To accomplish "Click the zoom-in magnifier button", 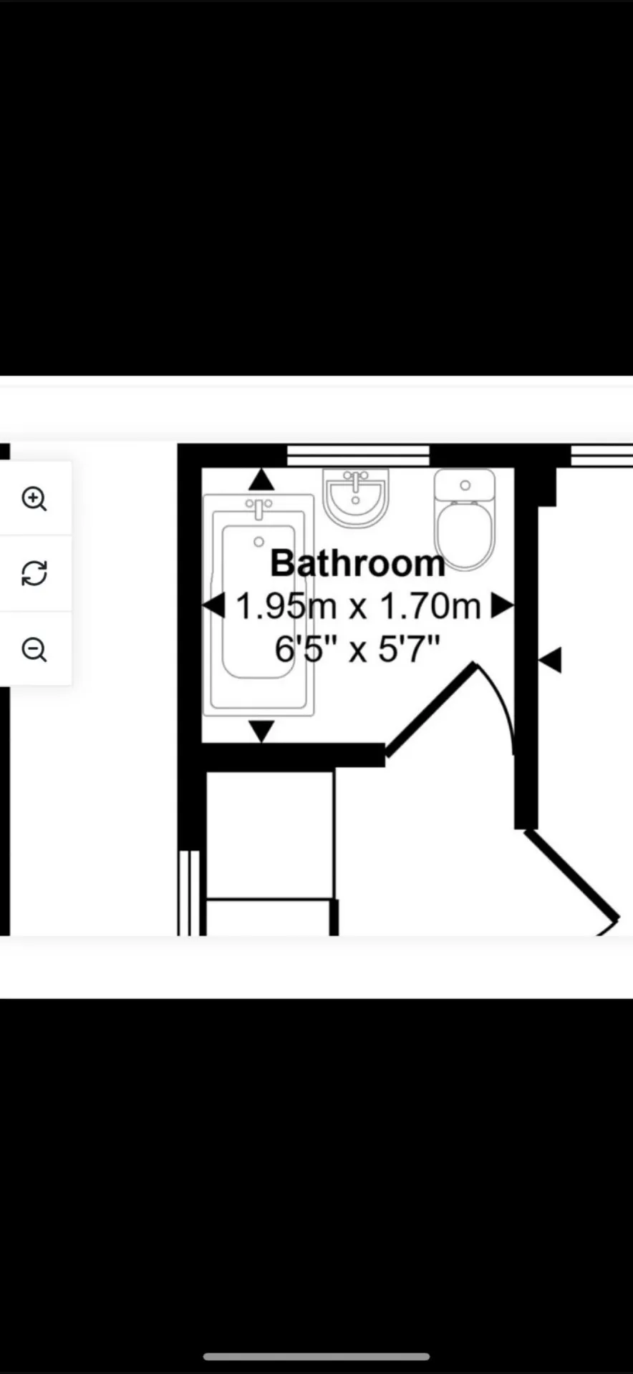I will pyautogui.click(x=34, y=499).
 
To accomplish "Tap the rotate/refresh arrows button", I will pyautogui.click(x=34, y=573).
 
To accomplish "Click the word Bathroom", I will pyautogui.click(x=357, y=564).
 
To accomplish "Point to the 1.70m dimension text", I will pyautogui.click(x=430, y=606).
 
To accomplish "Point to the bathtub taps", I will pyautogui.click(x=258, y=508).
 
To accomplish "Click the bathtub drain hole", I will pyautogui.click(x=258, y=542).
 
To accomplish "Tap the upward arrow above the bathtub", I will pyautogui.click(x=261, y=479).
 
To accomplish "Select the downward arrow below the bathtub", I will pyautogui.click(x=261, y=731).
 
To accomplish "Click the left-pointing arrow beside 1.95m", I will pyautogui.click(x=214, y=606).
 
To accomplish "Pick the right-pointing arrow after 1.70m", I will pyautogui.click(x=501, y=606).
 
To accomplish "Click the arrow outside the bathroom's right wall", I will pyautogui.click(x=551, y=659).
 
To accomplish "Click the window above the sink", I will pyautogui.click(x=358, y=455).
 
